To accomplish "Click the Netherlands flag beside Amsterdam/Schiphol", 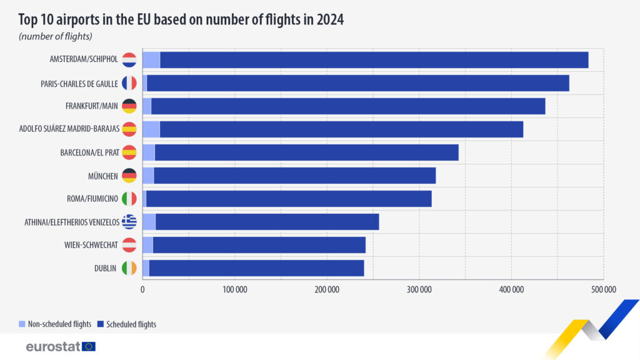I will point(129,60).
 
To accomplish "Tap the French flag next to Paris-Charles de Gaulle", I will point(129,83).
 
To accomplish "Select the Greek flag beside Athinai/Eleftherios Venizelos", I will point(129,222).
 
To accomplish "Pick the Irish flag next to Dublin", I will point(129,268).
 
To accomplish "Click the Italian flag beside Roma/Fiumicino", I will point(129,199).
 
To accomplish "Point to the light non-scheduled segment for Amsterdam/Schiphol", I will point(151,60).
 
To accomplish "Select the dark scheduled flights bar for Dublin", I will point(256,268).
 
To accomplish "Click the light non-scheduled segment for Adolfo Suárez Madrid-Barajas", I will point(151,129).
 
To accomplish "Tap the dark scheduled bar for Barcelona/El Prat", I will point(306,152).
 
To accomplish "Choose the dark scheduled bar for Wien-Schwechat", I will point(259,245).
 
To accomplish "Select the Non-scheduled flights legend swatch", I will point(22,324).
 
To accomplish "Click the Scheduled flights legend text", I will point(131,324).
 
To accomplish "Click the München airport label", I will point(104,176).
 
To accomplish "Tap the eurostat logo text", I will point(53,346).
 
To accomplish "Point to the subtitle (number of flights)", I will point(56,37).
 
